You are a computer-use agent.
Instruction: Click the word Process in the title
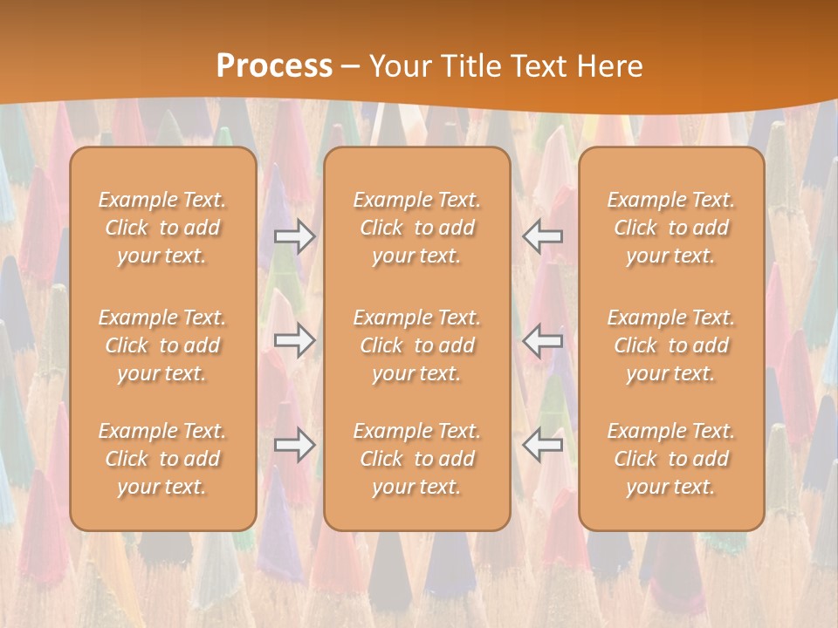point(274,66)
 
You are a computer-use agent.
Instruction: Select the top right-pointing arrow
point(294,236)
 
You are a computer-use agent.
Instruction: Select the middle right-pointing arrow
point(294,340)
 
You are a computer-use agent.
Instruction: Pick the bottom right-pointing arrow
point(294,445)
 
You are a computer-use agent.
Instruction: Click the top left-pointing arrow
point(543,236)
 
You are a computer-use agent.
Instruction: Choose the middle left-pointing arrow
point(543,340)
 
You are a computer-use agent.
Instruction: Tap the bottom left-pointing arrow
point(543,445)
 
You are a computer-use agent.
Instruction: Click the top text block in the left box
point(162,228)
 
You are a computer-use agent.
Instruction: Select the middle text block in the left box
point(162,345)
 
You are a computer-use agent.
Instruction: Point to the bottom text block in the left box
point(162,459)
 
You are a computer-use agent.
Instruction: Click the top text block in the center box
point(417,228)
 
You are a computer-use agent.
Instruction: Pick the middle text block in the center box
point(417,345)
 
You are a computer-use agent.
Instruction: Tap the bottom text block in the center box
point(417,459)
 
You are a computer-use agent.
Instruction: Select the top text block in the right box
point(671,228)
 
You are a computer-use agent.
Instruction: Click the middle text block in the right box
point(671,345)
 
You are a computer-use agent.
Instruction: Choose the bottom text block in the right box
point(671,459)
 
